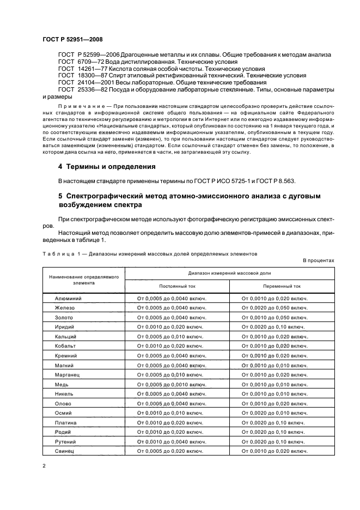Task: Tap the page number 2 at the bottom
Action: tap(44, 465)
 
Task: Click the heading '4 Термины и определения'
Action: tap(107, 166)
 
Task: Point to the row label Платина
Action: tap(66, 422)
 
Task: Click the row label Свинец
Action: tap(65, 451)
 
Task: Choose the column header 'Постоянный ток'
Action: tap(177, 286)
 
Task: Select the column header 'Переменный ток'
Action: tap(282, 286)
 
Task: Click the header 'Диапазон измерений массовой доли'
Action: tap(229, 272)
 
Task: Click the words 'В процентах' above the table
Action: tap(319, 260)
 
